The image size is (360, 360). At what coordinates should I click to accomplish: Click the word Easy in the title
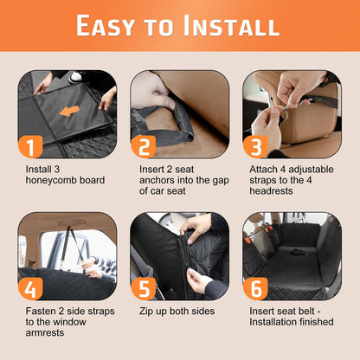tap(106, 26)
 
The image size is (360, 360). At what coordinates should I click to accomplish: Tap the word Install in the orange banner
tap(231, 25)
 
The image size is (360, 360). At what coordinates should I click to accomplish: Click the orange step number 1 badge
tap(30, 147)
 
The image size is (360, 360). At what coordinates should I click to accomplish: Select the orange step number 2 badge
tap(144, 147)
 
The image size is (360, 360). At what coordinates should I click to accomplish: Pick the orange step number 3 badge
tap(255, 147)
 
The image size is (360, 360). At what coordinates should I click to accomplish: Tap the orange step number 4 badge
tap(30, 289)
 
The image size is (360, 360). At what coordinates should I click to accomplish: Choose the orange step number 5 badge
tap(144, 289)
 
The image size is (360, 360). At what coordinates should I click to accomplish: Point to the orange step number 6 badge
tap(255, 289)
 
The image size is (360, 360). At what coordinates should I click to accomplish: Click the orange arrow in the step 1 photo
tap(69, 111)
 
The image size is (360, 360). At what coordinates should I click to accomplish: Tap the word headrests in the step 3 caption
tap(271, 191)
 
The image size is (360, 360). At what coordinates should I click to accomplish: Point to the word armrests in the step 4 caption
tap(45, 333)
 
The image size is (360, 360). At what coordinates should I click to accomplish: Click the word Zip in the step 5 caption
tap(146, 312)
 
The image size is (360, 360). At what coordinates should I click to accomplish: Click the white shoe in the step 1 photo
tap(75, 76)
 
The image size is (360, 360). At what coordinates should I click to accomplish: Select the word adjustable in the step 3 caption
tap(312, 170)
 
